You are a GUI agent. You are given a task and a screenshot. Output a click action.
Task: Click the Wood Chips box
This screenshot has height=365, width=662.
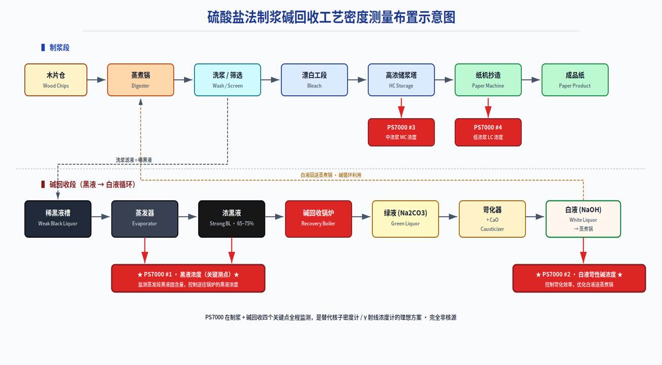click(x=56, y=80)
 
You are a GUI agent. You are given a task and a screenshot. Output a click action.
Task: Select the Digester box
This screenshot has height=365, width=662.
click(x=141, y=80)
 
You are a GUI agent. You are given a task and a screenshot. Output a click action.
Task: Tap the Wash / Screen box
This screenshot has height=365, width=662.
click(x=227, y=80)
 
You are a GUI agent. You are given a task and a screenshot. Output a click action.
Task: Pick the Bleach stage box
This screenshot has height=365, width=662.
click(x=315, y=80)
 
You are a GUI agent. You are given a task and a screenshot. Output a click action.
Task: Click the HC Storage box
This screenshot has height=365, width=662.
click(x=401, y=80)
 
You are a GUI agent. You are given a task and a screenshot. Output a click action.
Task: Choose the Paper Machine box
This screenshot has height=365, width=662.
click(x=488, y=80)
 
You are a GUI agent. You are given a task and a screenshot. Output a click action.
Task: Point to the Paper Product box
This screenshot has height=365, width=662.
click(x=575, y=80)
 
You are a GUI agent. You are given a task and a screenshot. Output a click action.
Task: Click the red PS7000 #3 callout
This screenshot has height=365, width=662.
click(x=401, y=132)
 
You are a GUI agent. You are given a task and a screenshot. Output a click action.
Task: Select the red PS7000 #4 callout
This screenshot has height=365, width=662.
click(x=488, y=132)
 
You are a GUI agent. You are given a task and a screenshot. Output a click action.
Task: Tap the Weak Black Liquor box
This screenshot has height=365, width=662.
click(x=58, y=219)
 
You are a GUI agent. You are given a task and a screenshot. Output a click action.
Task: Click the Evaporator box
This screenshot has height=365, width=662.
click(x=145, y=219)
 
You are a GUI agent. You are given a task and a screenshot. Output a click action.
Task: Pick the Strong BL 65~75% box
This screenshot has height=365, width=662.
click(x=231, y=219)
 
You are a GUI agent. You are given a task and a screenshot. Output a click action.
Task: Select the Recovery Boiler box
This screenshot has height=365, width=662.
click(x=319, y=219)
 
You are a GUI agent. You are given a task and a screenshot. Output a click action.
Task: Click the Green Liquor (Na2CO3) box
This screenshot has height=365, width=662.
click(x=406, y=219)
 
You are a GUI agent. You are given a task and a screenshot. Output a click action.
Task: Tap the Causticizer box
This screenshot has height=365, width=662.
click(x=492, y=219)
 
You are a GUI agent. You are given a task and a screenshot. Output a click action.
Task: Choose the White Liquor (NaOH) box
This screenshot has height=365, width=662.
click(x=583, y=219)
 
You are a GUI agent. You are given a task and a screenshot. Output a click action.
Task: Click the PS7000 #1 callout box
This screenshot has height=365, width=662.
click(x=188, y=278)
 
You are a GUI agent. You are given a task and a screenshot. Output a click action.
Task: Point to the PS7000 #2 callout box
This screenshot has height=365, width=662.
click(x=579, y=278)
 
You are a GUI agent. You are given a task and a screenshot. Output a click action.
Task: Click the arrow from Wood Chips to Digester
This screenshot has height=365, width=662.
click(x=96, y=80)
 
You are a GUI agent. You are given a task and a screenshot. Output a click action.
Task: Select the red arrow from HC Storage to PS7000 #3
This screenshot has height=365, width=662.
click(x=401, y=107)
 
